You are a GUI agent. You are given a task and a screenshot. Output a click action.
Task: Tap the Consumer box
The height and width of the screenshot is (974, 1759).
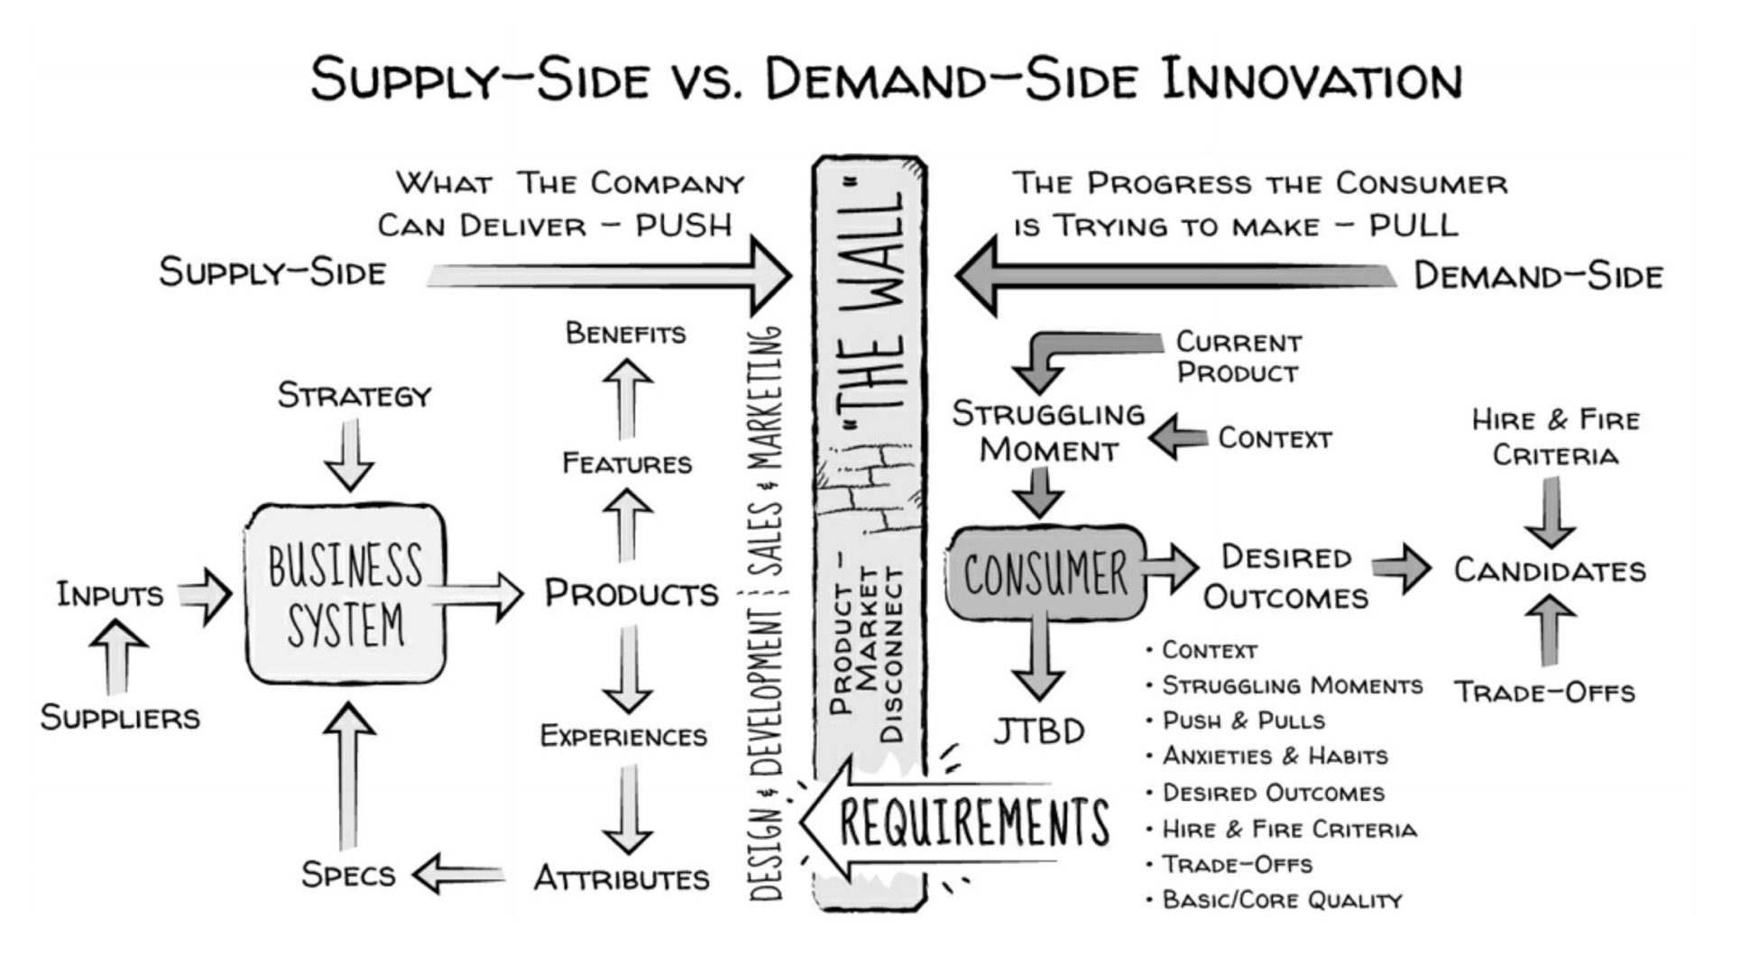(x=1045, y=574)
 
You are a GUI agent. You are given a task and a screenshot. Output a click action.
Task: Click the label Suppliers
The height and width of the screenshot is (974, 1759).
(x=120, y=718)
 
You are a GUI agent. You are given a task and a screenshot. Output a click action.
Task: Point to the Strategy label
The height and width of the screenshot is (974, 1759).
(x=355, y=395)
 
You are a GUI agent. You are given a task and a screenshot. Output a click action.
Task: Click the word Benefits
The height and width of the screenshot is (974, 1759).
(x=625, y=333)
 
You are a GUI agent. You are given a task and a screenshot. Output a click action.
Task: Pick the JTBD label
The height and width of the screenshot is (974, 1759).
(x=1039, y=731)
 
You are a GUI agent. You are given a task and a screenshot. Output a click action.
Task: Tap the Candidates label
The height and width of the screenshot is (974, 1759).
(x=1550, y=571)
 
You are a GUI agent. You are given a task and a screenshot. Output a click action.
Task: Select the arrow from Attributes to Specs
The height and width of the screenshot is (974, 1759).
(x=458, y=874)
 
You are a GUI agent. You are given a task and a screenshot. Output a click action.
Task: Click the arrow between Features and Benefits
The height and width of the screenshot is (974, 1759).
(x=627, y=397)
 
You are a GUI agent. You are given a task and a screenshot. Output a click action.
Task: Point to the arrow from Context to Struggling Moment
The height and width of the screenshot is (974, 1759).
(x=1178, y=437)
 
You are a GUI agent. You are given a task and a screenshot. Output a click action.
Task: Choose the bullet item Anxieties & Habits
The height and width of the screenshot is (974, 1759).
(x=1274, y=756)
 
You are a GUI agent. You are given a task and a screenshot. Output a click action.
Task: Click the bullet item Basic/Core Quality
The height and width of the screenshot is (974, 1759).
(x=1282, y=900)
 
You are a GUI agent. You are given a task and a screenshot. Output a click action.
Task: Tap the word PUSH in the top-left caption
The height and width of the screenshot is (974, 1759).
(x=683, y=225)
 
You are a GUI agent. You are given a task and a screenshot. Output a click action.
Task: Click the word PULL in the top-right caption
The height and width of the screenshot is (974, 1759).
(x=1414, y=225)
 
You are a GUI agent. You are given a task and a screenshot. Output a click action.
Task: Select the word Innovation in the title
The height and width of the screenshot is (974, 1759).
(x=1312, y=79)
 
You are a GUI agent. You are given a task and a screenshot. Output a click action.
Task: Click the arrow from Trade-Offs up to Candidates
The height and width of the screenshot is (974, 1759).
(x=1550, y=630)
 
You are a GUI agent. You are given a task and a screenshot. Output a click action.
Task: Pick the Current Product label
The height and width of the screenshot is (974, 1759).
(x=1238, y=357)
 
